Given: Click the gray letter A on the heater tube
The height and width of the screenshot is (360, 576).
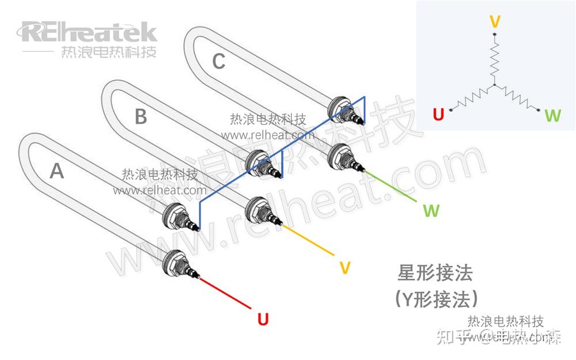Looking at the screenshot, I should [56, 171].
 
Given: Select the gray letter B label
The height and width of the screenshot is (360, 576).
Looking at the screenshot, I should [141, 117].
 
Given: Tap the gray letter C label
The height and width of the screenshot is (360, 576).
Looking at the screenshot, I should [218, 61].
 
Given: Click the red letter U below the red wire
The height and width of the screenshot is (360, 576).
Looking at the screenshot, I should [263, 319].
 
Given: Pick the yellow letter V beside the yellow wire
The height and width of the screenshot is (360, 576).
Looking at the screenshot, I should [344, 268].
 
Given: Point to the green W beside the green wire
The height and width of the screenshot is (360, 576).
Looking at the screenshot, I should [431, 210].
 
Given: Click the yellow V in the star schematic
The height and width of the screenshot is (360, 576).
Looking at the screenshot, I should [494, 22].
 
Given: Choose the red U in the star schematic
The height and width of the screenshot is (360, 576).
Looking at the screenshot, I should [438, 115].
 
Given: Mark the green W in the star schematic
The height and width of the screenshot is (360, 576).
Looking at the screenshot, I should [552, 116].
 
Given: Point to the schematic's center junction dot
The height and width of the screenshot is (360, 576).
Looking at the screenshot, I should [494, 86].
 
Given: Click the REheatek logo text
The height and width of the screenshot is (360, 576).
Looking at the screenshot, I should [89, 31].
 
